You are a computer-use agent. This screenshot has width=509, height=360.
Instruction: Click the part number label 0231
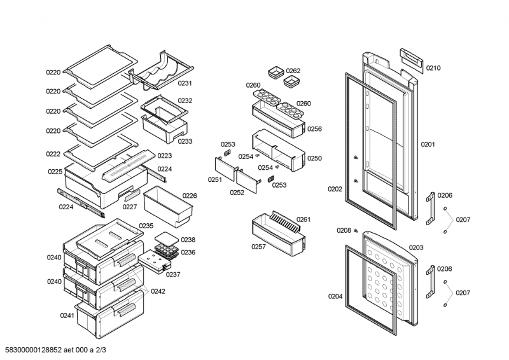(185, 83)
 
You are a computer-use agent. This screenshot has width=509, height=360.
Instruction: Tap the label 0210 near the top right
(433, 68)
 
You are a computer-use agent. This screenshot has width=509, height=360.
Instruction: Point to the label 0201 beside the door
(428, 144)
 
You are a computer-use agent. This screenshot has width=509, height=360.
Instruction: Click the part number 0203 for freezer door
(416, 247)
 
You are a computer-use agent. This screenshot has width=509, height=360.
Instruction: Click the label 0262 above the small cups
(293, 71)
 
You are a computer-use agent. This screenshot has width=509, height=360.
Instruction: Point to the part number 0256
(314, 128)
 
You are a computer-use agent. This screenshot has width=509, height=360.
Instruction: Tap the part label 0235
(146, 226)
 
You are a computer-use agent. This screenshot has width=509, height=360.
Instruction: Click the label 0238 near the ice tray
(188, 240)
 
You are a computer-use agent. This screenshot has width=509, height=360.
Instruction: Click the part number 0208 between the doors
(344, 230)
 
